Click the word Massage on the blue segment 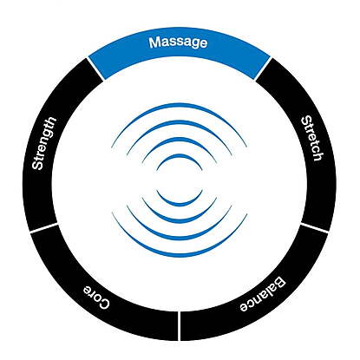178,43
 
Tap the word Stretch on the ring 311,138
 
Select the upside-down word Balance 263,295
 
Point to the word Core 96,297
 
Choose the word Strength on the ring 44,143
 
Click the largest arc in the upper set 180,104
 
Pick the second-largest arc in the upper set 180,121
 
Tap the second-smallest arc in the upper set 180,139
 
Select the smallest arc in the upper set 180,155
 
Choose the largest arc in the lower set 180,256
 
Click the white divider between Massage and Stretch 263,69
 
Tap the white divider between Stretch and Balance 314,227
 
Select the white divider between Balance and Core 180,326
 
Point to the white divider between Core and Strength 44,227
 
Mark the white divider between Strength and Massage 95,69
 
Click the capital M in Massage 154,43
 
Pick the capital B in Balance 280,283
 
